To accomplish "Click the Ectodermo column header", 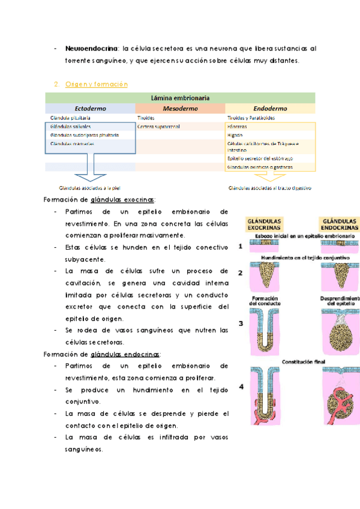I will (x=90, y=109).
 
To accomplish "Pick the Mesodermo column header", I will (x=180, y=109).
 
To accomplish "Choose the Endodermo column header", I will (x=270, y=109).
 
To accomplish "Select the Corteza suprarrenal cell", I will (x=160, y=127).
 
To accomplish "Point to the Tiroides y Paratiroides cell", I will (x=251, y=118).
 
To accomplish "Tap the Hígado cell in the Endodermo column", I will (x=235, y=135).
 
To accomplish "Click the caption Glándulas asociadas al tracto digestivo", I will (x=269, y=187).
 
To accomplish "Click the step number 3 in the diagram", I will (x=240, y=324).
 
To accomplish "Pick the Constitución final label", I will (x=302, y=363).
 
